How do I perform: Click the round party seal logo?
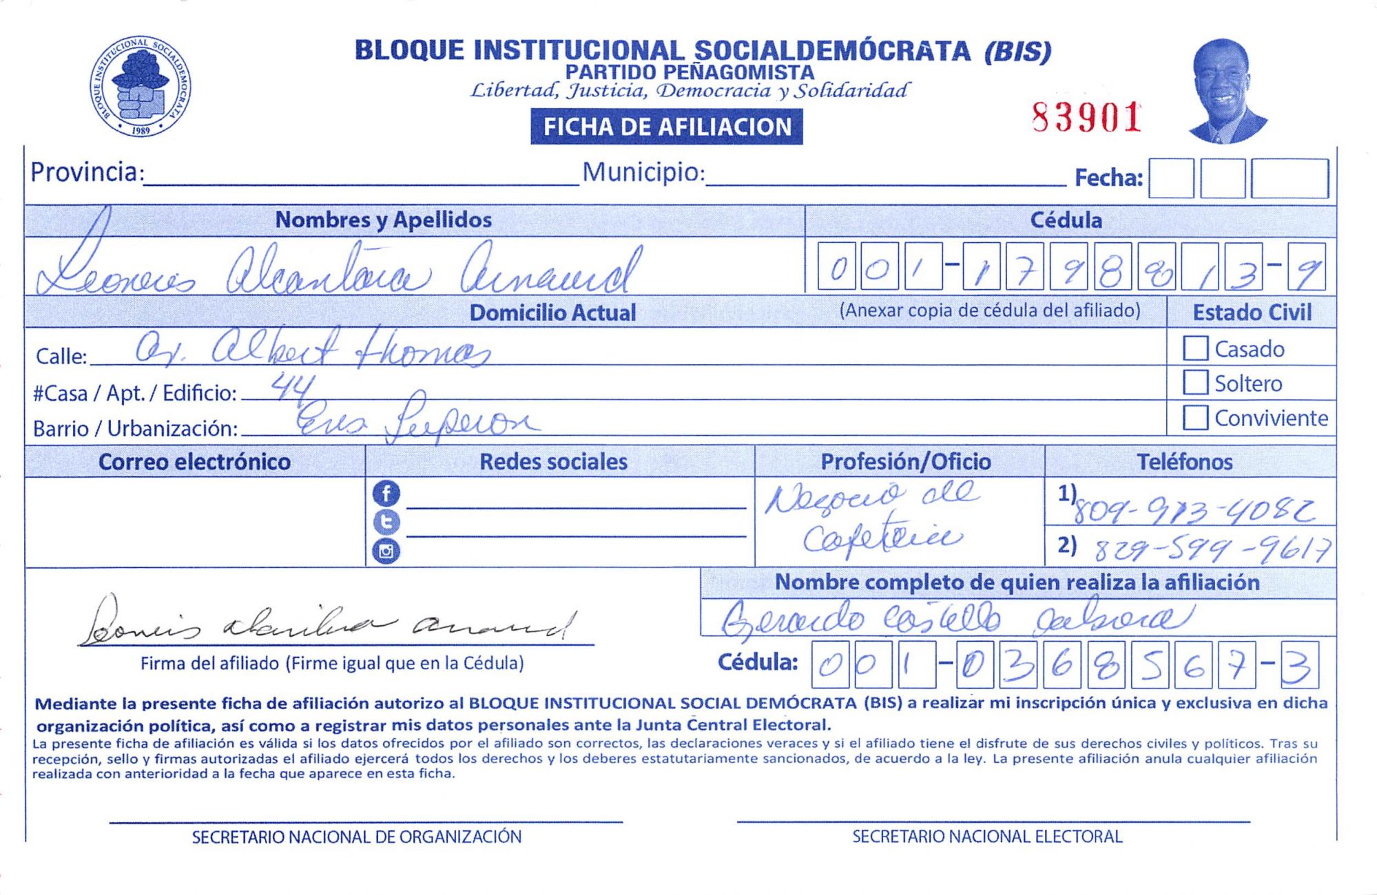[141, 86]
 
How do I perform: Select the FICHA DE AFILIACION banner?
[666, 127]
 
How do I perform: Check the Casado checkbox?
[1195, 348]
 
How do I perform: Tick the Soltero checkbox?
[1195, 382]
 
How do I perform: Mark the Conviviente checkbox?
[1195, 417]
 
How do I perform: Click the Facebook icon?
[386, 494]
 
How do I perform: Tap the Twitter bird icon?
[386, 523]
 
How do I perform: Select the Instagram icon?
[386, 551]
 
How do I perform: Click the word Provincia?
[84, 172]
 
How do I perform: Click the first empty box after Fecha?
[1170, 178]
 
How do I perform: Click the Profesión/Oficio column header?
[905, 461]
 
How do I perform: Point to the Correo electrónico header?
[194, 461]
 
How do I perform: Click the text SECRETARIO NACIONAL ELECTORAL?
[987, 836]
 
